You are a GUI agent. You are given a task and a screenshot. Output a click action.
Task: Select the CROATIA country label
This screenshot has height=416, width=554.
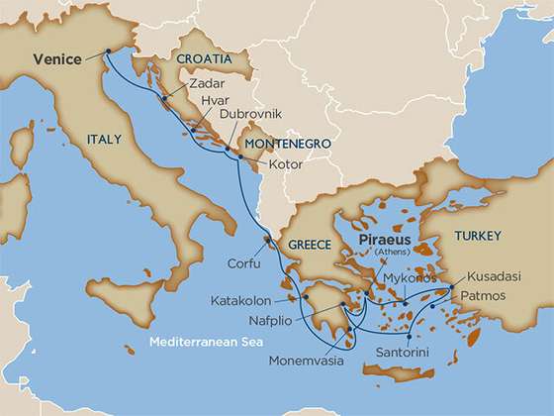tap(204, 59)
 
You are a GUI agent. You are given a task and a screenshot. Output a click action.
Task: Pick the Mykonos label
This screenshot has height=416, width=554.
tap(409, 278)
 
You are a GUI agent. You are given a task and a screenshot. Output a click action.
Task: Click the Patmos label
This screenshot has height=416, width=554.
tap(485, 295)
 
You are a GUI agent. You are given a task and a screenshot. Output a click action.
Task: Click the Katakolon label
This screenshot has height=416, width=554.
tap(239, 299)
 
